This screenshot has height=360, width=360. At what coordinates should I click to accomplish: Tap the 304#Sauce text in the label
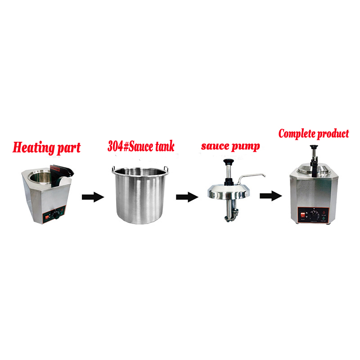(x=130, y=146)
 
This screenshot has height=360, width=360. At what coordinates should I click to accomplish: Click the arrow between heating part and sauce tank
(x=93, y=197)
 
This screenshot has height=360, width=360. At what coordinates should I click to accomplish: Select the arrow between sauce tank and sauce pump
(x=187, y=197)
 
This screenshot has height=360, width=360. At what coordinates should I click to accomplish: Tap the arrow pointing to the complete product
(x=271, y=196)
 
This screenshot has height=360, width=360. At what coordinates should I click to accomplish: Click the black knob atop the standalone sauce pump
(x=228, y=162)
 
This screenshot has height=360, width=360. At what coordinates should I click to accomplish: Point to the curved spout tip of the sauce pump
(x=264, y=175)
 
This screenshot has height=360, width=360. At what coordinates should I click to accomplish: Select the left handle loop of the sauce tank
(x=113, y=170)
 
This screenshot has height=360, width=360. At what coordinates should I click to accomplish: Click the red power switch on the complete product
(x=303, y=216)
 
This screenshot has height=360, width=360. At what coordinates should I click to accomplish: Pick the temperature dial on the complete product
(x=314, y=215)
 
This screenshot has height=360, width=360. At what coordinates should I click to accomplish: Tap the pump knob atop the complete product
(x=314, y=147)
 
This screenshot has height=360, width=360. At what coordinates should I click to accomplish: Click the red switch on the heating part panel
(x=48, y=217)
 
